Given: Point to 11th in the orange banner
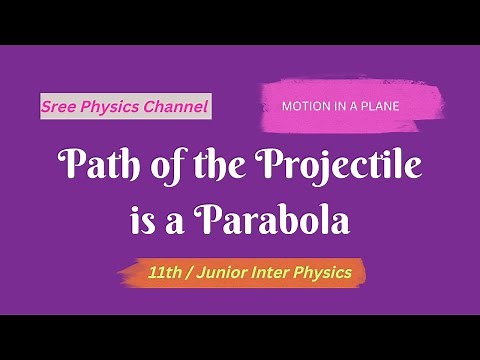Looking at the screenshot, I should tap(164, 271).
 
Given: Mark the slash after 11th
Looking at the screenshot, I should tap(189, 271).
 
